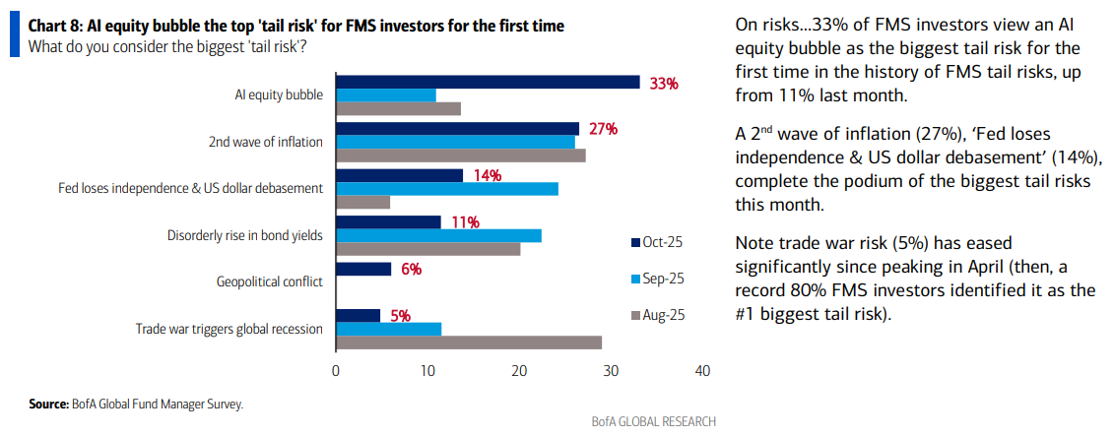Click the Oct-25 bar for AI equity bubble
488,83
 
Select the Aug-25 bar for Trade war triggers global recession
469,342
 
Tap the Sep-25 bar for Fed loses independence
447,188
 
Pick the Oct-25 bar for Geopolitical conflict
363,269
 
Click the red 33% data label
664,84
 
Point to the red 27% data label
603,129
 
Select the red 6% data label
411,269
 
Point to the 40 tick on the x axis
702,371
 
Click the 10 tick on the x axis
427,371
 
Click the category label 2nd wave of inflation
266,142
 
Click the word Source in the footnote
47,404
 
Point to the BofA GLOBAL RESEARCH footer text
653,421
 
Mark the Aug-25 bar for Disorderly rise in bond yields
427,248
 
